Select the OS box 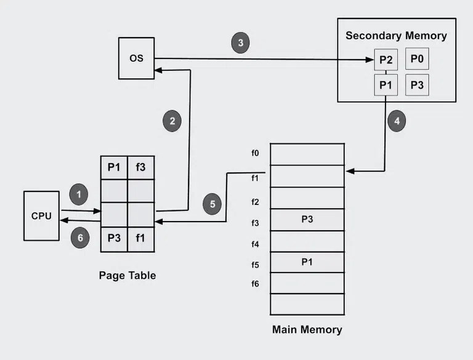click(x=136, y=58)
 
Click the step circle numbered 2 click(x=172, y=121)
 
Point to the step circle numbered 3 click(x=241, y=43)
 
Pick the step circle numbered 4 click(x=397, y=121)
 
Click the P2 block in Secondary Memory click(x=386, y=60)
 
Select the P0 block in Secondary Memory click(x=417, y=60)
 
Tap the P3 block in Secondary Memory click(x=417, y=85)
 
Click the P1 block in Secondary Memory click(x=386, y=85)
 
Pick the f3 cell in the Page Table click(x=140, y=166)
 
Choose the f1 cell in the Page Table click(x=140, y=239)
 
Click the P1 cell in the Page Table click(x=114, y=166)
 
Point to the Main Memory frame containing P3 click(x=307, y=219)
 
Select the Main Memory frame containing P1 click(x=307, y=262)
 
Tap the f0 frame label click(x=255, y=153)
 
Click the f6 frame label click(x=255, y=284)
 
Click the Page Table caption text click(x=127, y=276)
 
